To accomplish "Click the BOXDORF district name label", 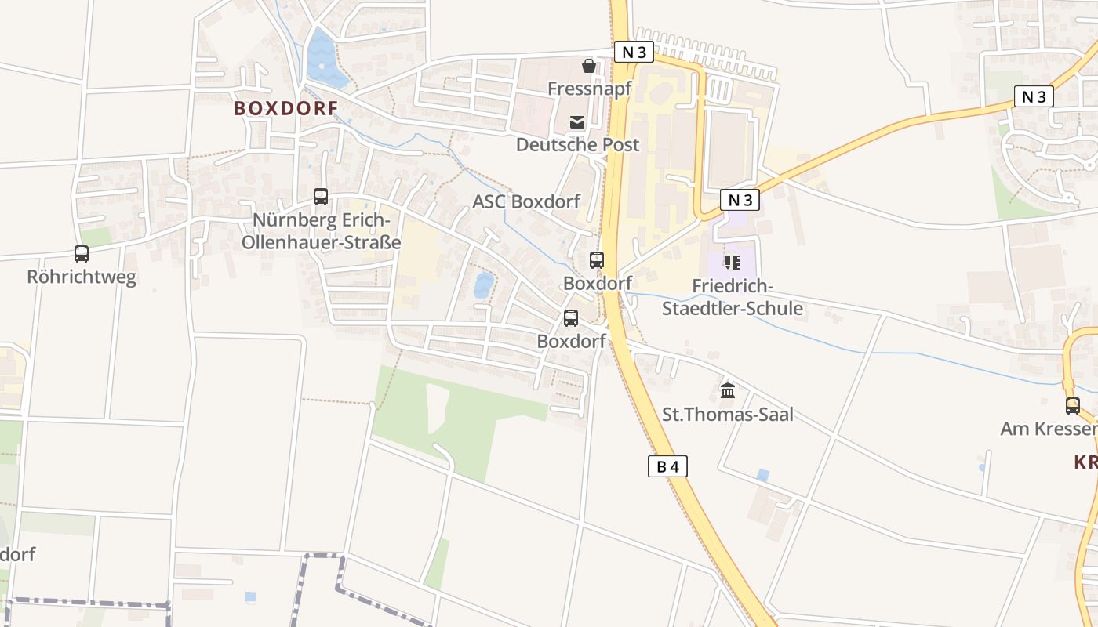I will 285,108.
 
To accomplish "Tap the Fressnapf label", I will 589,89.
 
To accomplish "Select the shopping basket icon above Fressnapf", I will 589,67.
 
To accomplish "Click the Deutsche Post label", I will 577,144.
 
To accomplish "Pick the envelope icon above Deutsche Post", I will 577,121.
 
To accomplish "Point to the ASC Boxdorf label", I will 525,201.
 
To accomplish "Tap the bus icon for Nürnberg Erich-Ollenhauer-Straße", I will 321,197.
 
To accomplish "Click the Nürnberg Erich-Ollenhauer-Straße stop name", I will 321,230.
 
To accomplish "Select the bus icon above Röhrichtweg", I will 82,254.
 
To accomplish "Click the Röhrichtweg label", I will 82,277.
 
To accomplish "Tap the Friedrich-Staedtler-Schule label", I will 733,297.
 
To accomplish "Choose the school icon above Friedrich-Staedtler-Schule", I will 733,263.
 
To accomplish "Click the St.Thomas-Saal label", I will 728,414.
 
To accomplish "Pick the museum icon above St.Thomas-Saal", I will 728,390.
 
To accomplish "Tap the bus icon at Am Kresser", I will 1073,406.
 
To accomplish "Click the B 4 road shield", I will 668,466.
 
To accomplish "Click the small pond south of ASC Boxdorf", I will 484,285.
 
